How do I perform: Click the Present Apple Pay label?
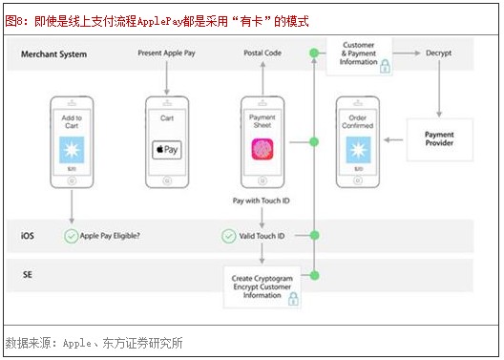click(x=167, y=54)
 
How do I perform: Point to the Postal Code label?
click(x=262, y=54)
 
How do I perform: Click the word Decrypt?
click(x=439, y=54)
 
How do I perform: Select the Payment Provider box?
click(x=439, y=139)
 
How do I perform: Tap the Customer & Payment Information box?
click(x=359, y=55)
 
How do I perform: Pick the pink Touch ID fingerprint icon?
click(x=262, y=149)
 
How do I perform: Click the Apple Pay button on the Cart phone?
click(x=167, y=150)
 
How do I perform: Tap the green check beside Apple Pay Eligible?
click(x=71, y=235)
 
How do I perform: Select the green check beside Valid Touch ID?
click(x=228, y=235)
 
